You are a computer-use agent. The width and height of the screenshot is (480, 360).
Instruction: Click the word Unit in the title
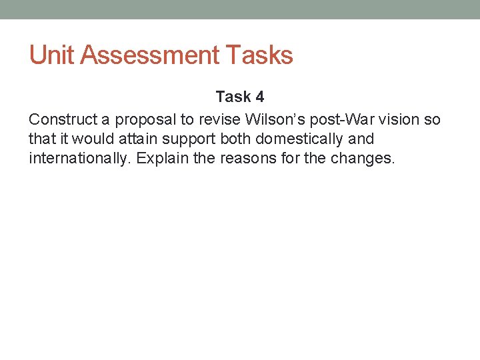point(51,55)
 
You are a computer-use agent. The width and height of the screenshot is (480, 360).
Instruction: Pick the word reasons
point(243,159)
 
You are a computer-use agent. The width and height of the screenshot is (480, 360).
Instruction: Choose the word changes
point(363,159)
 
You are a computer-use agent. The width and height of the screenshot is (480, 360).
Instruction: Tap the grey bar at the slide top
point(240,9)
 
